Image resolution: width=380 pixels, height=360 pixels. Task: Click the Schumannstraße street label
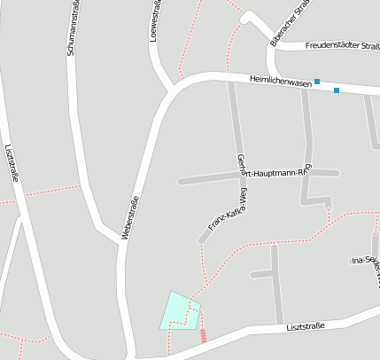(71, 29)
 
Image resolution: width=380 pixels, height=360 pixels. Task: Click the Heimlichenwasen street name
(281, 82)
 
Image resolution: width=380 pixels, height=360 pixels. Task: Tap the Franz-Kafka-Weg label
(227, 214)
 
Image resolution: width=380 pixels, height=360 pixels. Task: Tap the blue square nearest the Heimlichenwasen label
(317, 82)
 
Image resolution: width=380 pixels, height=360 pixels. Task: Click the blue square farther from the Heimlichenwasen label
(337, 90)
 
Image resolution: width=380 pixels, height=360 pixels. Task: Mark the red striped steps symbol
(205, 335)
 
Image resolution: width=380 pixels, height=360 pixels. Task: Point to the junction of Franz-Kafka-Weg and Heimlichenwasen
(232, 80)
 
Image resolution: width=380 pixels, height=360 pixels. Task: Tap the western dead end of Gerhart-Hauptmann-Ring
(180, 182)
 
